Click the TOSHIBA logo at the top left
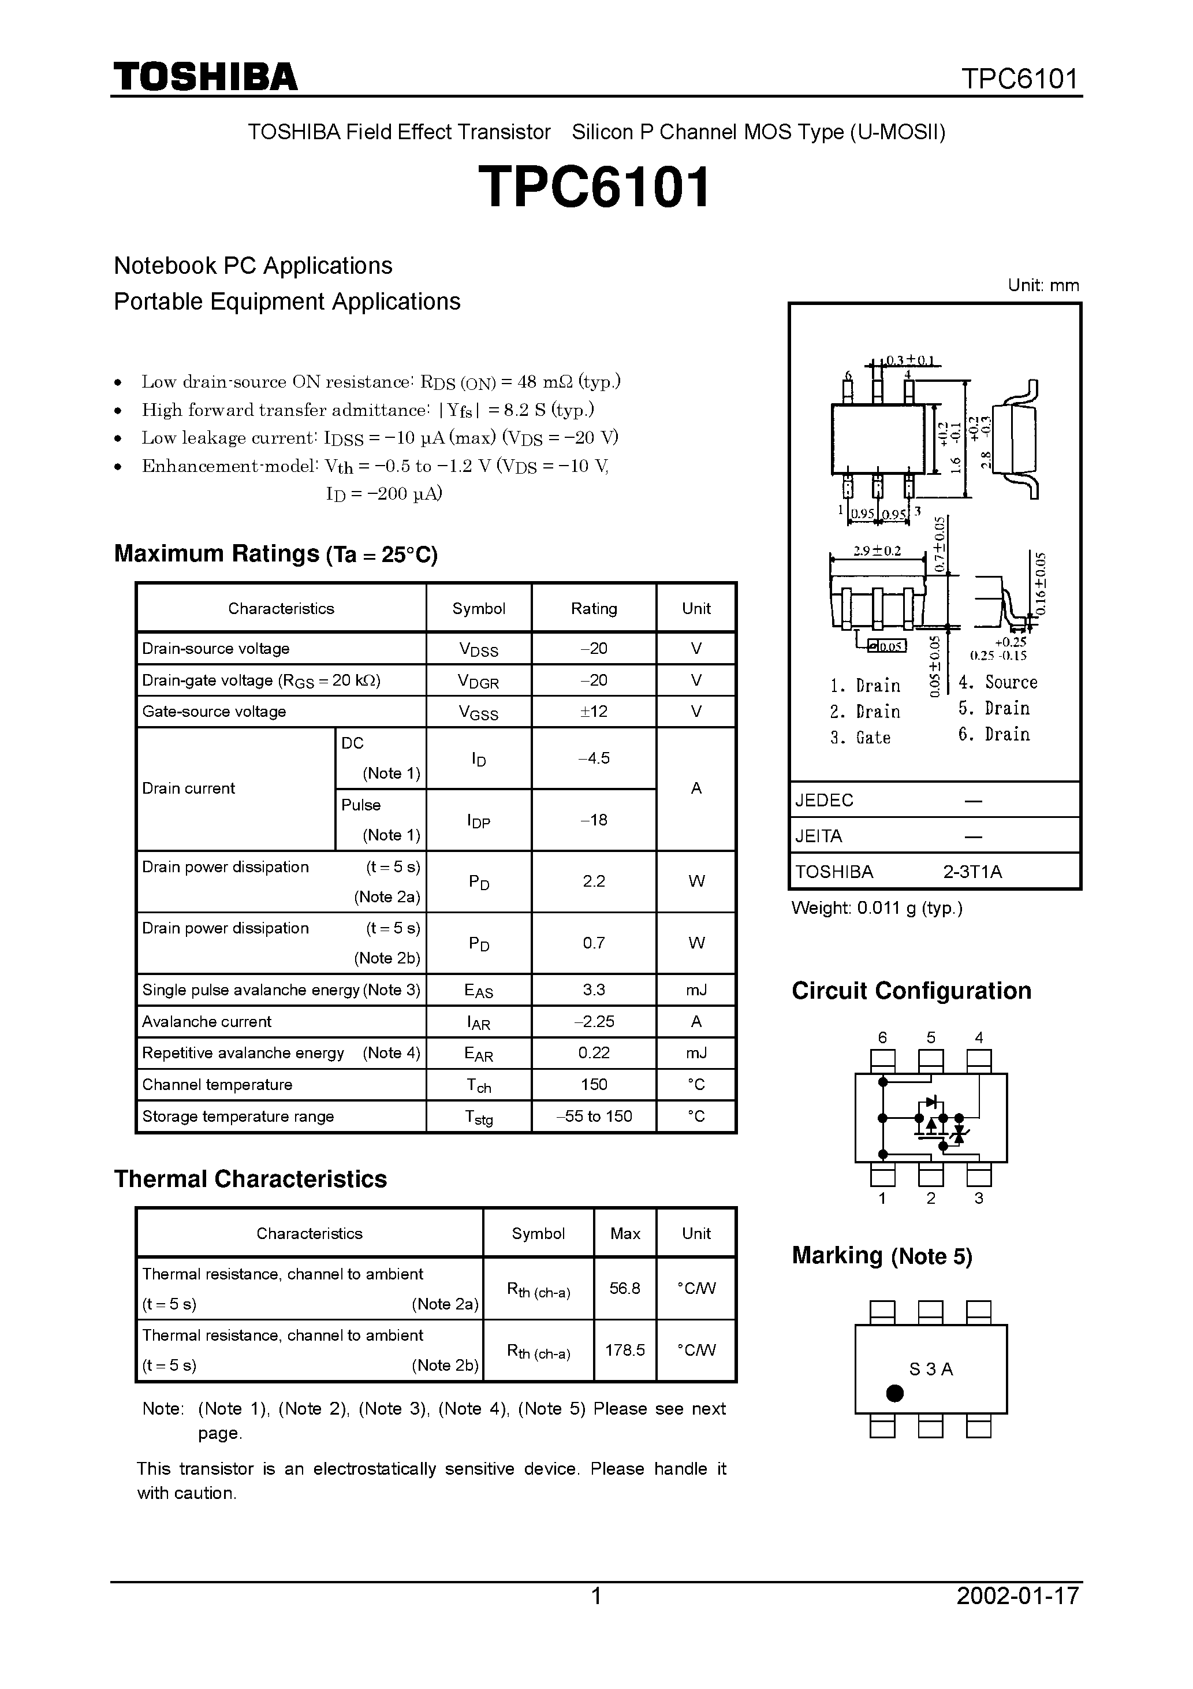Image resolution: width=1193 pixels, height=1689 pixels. (x=205, y=76)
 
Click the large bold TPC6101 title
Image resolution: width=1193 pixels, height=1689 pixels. (x=594, y=187)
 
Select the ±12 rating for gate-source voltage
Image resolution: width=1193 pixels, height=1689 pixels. (x=594, y=711)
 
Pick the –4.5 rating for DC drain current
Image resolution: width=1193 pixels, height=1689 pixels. (x=594, y=758)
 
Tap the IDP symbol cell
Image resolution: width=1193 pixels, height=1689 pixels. (x=478, y=821)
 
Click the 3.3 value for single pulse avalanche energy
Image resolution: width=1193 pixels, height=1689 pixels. (x=594, y=989)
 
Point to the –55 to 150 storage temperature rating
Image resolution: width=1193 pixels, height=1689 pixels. (x=594, y=1116)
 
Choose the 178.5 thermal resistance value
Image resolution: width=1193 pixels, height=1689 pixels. (x=624, y=1350)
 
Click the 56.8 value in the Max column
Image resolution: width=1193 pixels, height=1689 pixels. (x=624, y=1288)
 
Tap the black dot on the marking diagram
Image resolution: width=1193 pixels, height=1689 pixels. (x=894, y=1393)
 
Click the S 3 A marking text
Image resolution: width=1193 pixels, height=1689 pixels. (x=930, y=1369)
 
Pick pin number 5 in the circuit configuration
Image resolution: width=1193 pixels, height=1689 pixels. (x=930, y=1038)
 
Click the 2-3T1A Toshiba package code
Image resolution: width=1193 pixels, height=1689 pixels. (x=972, y=872)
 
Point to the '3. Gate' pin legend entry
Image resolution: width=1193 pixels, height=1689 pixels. (x=860, y=737)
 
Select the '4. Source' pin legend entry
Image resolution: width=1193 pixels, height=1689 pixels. (x=997, y=682)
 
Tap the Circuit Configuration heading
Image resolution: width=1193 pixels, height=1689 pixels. (x=911, y=991)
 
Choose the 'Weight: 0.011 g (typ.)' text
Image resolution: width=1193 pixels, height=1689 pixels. (x=877, y=908)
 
